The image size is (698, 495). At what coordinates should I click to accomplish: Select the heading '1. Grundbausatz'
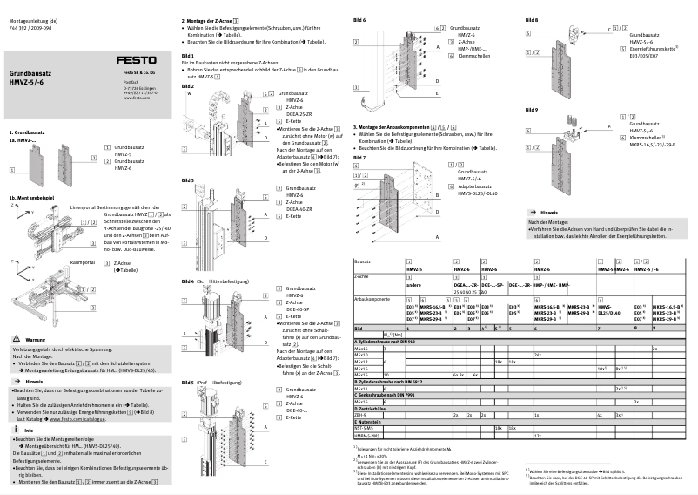pyautogui.click(x=27, y=131)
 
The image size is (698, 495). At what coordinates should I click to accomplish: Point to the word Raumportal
pyautogui.click(x=82, y=261)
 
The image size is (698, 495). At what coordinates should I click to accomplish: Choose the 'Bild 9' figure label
pyautogui.click(x=532, y=110)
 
